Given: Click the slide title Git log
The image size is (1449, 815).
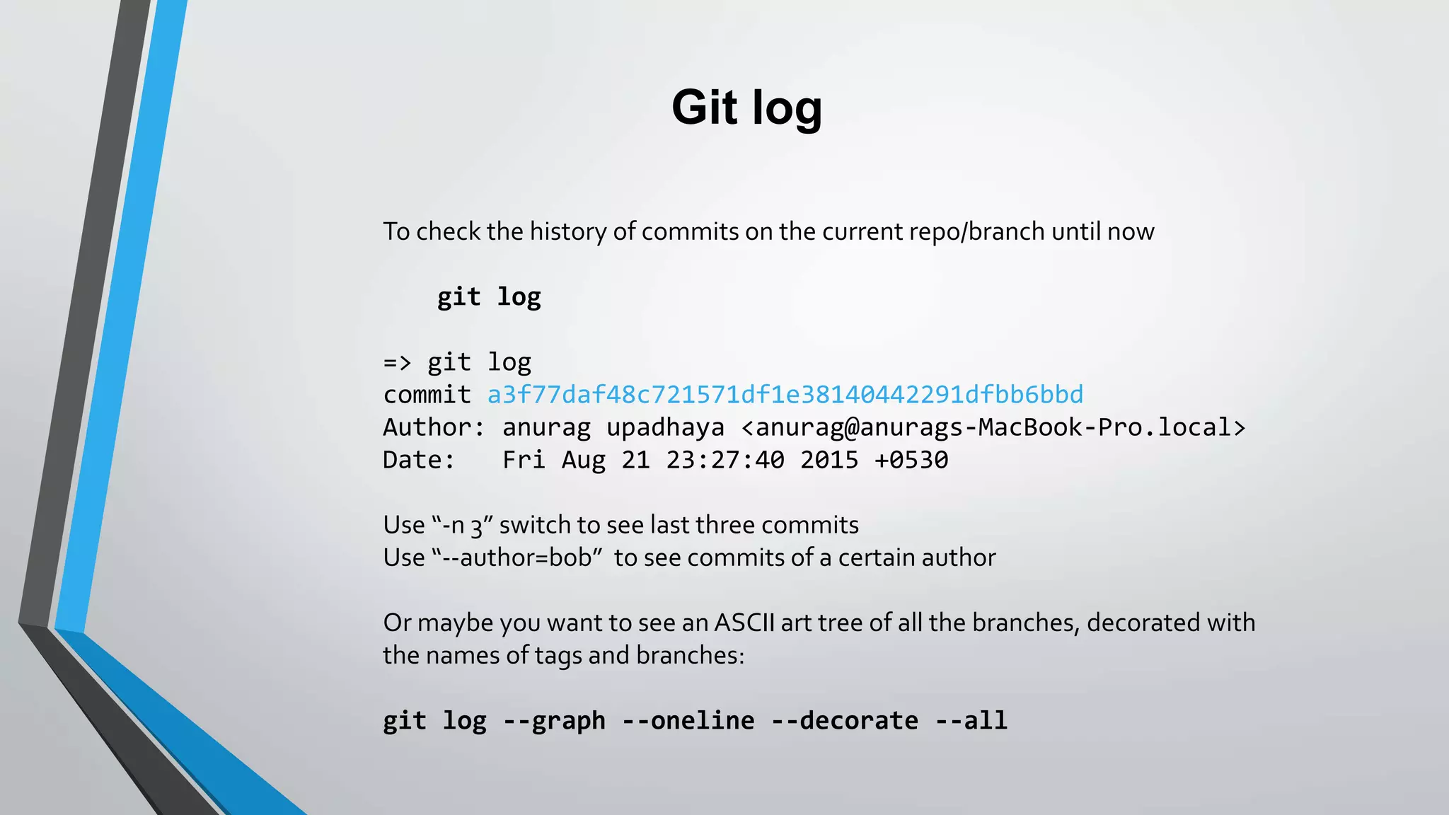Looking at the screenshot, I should coord(746,108).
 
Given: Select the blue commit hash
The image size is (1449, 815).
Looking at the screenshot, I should coord(785,394).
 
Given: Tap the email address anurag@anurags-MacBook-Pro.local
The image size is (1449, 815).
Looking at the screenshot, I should coord(993,427).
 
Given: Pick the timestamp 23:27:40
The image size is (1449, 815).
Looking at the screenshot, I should coord(725,460).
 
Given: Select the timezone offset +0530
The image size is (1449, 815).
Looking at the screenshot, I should coord(911,460).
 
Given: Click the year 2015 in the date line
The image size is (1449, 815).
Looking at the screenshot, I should coord(829,460).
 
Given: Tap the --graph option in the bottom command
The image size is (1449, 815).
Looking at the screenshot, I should coord(554,720).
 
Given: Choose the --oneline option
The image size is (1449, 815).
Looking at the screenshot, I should coord(688,720).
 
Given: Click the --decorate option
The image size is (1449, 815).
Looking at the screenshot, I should coord(844,720).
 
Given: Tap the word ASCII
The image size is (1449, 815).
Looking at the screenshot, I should coord(744,623).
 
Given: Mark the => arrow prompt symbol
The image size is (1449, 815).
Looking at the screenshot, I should coord(397,362).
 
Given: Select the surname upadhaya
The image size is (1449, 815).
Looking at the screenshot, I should coord(665,427).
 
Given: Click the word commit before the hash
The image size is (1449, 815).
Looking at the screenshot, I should coord(427,394).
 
